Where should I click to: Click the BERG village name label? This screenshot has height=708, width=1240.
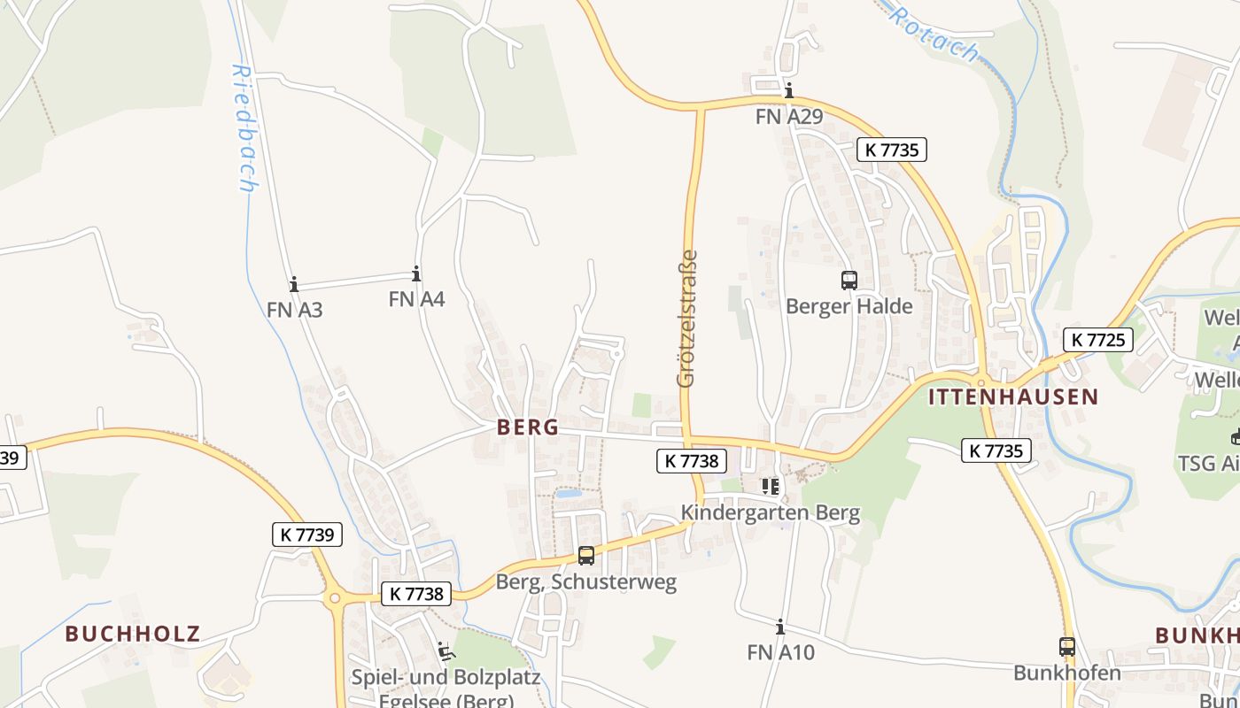click(x=528, y=427)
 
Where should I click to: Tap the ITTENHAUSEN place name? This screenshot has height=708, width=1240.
click(x=1013, y=396)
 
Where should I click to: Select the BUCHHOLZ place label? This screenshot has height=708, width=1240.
click(x=133, y=634)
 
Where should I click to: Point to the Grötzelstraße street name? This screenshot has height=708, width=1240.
click(x=686, y=319)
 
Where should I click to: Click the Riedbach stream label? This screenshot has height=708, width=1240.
click(x=244, y=127)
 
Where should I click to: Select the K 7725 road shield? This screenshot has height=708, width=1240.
click(x=1097, y=339)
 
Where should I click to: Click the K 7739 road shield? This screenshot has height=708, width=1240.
click(x=306, y=535)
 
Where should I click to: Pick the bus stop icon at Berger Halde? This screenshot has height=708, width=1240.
click(x=849, y=281)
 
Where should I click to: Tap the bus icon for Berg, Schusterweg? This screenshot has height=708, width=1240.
click(x=586, y=556)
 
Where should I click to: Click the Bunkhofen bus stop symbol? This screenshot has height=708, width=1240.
click(x=1067, y=647)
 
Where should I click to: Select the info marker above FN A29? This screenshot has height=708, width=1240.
click(x=788, y=90)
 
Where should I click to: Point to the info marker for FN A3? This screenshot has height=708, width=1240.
click(x=294, y=284)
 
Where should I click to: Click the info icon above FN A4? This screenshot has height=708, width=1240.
click(x=416, y=273)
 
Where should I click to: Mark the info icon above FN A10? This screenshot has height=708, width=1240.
click(x=780, y=627)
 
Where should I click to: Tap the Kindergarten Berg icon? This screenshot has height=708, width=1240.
click(x=770, y=486)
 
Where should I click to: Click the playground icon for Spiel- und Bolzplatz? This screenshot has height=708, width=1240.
click(x=446, y=652)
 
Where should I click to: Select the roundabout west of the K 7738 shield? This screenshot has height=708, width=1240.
click(x=335, y=599)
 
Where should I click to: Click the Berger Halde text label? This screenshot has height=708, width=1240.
click(x=849, y=306)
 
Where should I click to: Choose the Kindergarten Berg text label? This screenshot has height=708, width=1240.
click(x=770, y=512)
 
